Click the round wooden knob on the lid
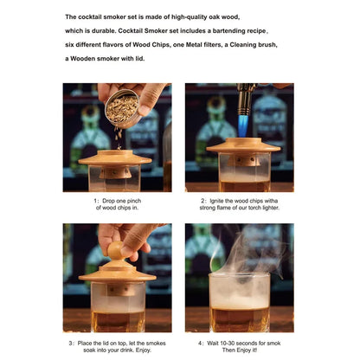click(114, 253)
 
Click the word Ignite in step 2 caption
click(222, 200)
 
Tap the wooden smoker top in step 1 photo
click(115, 158)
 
